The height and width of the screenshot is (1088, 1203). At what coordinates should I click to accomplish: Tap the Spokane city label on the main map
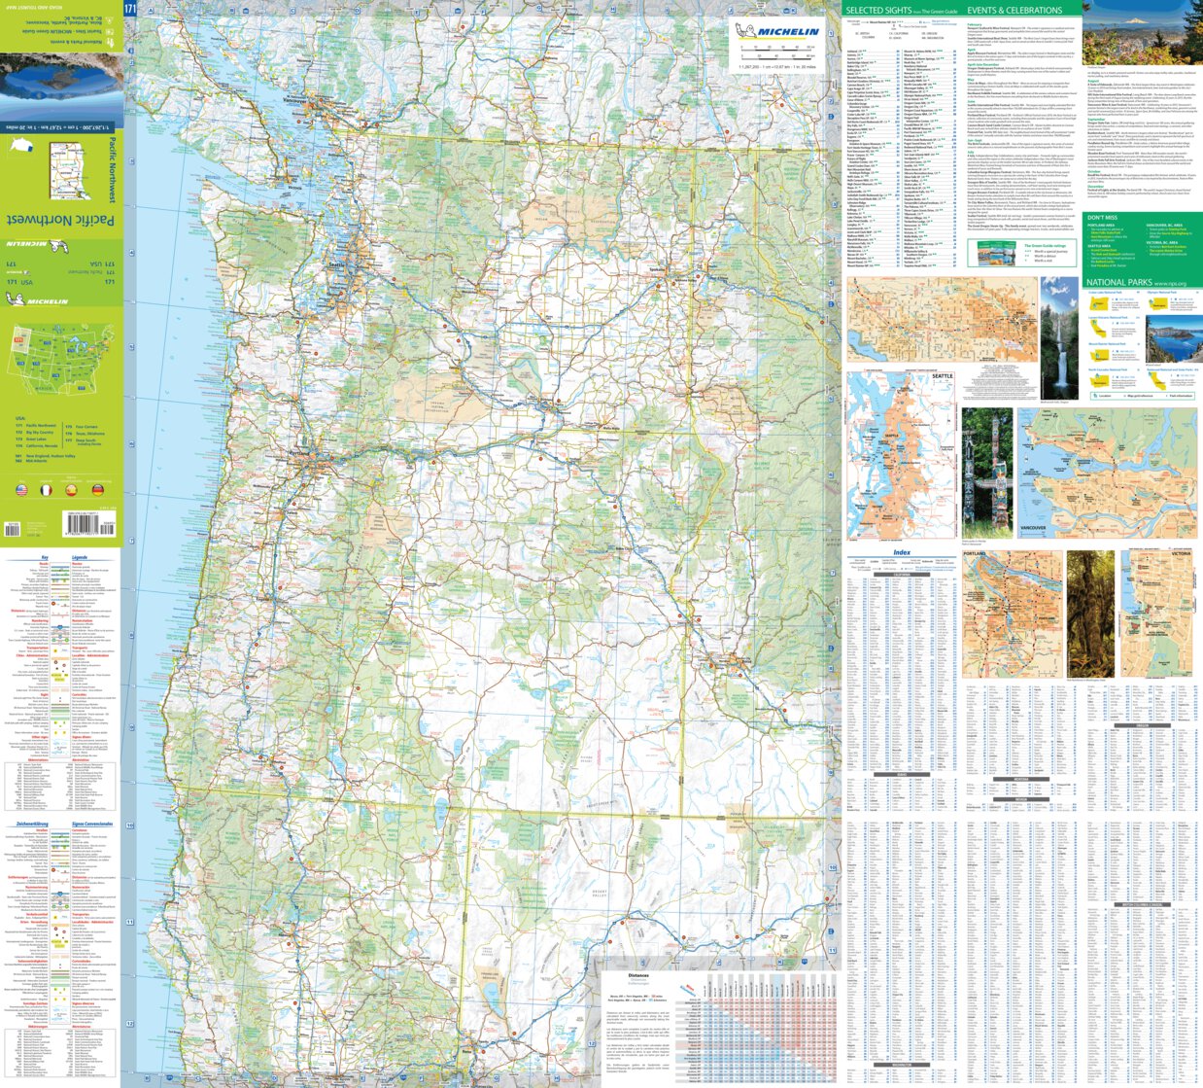click(x=657, y=268)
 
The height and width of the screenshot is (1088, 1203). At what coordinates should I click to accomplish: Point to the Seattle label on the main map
click(x=336, y=264)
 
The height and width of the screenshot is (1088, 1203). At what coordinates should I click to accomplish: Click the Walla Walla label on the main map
click(x=610, y=428)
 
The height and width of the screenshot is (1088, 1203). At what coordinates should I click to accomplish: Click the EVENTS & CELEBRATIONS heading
click(x=1014, y=11)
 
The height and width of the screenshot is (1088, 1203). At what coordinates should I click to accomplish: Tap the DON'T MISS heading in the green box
click(x=1102, y=218)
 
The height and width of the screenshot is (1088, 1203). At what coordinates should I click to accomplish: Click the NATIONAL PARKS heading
click(x=1117, y=283)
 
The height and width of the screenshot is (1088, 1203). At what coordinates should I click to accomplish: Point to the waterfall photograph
click(x=1059, y=339)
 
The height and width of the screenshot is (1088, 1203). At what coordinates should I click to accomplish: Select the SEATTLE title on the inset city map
click(x=943, y=376)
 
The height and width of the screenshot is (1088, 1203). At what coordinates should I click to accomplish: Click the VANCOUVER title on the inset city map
click(x=1033, y=528)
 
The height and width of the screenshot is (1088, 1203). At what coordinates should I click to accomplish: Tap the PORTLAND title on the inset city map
click(x=974, y=554)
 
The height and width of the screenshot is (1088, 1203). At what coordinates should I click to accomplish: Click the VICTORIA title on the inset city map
click(x=1180, y=554)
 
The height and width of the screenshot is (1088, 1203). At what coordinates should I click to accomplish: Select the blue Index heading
click(x=901, y=552)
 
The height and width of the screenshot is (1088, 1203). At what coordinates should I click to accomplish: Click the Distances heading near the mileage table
click(x=637, y=975)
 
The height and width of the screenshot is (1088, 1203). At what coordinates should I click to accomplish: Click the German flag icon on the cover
click(x=96, y=491)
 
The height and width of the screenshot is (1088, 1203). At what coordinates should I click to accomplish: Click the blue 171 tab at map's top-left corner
click(x=130, y=9)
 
